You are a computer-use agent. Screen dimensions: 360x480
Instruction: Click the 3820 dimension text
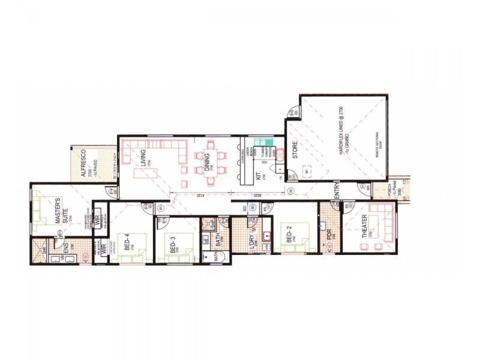point(256,196)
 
